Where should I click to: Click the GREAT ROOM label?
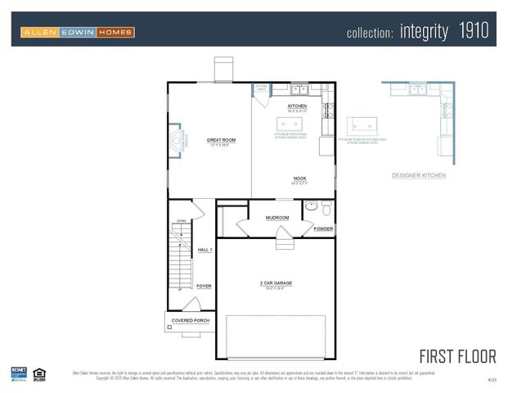click(221, 140)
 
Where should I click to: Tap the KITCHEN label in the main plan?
click(297, 106)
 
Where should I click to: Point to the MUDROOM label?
click(277, 217)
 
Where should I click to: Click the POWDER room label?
click(323, 228)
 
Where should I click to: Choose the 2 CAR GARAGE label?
click(276, 282)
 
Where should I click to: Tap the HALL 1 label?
click(205, 250)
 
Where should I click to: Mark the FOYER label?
click(204, 286)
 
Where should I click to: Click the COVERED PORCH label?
click(190, 320)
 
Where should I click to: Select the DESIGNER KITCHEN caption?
click(419, 175)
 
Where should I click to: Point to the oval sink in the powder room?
click(311, 208)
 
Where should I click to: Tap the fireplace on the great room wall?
click(176, 141)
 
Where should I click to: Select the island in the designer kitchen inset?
click(365, 125)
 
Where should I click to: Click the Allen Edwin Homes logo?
click(78, 32)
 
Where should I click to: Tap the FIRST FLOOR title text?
click(456, 356)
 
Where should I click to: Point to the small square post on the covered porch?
click(169, 327)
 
